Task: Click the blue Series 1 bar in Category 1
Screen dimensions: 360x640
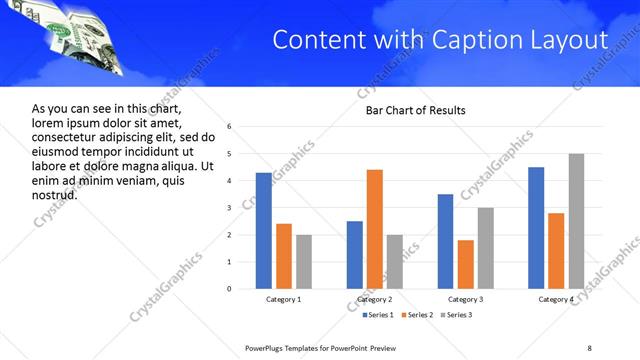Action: [x=263, y=230]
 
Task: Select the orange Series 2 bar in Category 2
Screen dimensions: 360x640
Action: [x=375, y=229]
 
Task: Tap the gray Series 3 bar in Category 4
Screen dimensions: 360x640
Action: [x=577, y=221]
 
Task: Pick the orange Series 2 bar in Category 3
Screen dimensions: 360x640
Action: [x=466, y=264]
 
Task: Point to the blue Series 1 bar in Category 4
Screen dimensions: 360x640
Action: [x=536, y=228]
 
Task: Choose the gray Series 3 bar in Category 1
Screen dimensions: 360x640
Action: [x=304, y=262]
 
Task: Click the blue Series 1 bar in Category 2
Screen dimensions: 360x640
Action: [x=355, y=255]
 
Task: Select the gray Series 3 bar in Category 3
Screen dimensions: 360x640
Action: [x=486, y=248]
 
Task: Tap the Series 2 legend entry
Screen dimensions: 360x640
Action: [x=414, y=315]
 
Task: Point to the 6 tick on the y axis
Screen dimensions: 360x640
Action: [x=230, y=127]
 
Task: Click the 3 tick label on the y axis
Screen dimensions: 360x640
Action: [x=230, y=208]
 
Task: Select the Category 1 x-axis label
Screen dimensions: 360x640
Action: [x=283, y=299]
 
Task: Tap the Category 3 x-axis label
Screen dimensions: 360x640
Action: [x=466, y=299]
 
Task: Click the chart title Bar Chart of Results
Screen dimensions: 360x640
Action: [x=415, y=110]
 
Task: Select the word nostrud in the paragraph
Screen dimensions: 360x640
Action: [x=55, y=194]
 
